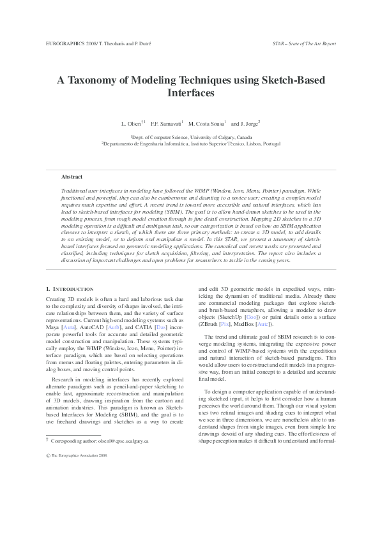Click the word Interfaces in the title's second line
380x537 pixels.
tap(190, 93)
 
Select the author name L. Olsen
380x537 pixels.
tap(131, 122)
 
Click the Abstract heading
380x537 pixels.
tap(72, 177)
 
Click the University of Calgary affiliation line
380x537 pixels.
tap(191, 137)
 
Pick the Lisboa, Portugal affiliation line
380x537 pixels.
tap(190, 145)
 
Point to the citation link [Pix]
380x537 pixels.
tap(225, 323)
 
